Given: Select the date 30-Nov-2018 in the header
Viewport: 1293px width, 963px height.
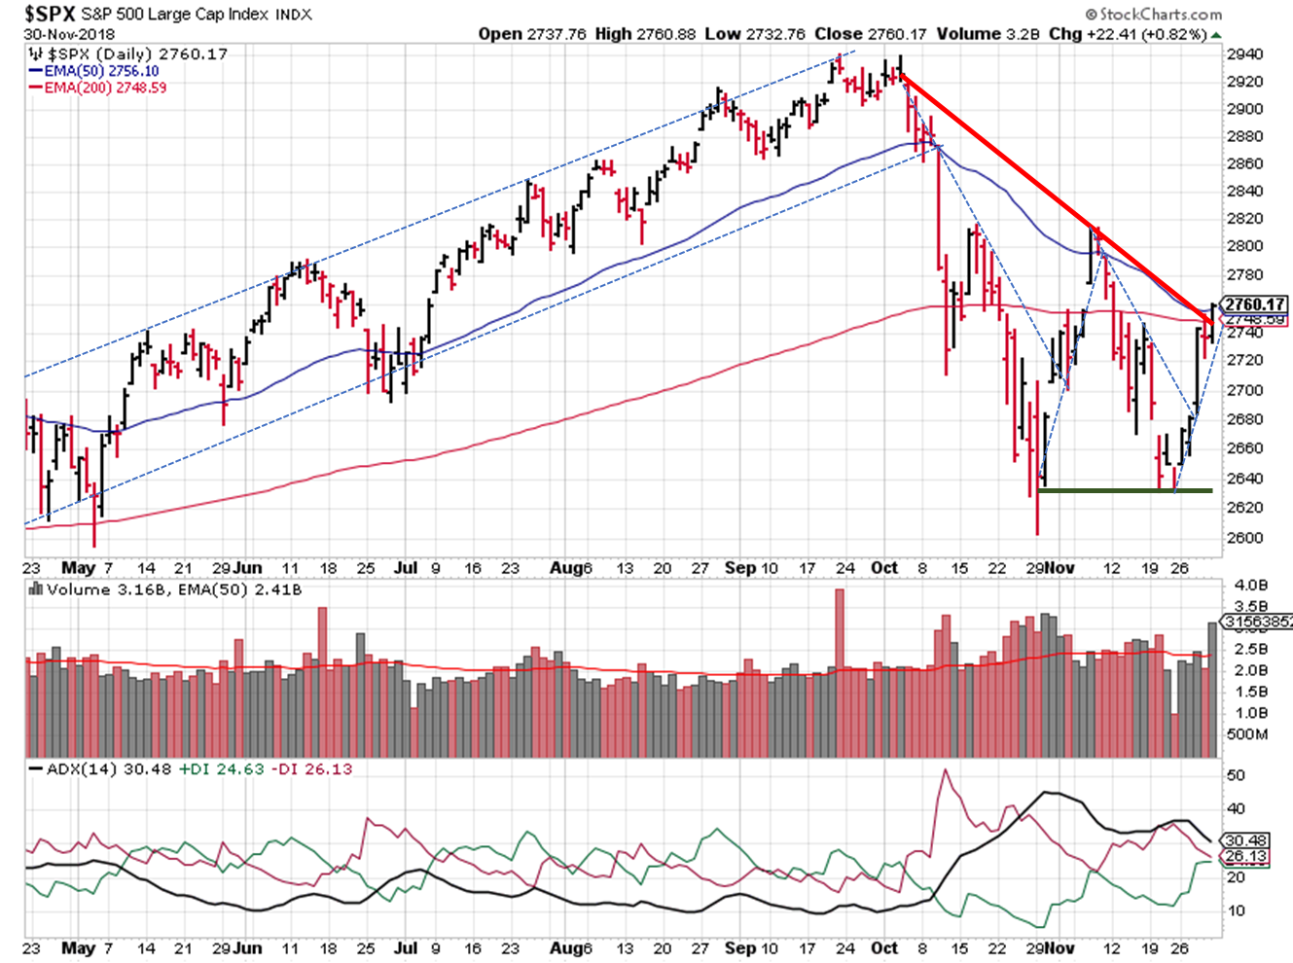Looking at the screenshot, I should point(70,34).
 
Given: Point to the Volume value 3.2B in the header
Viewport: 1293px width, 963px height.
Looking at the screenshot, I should point(1023,34).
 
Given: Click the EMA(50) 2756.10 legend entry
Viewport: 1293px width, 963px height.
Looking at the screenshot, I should point(100,71).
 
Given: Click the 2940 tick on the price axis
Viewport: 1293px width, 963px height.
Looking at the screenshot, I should point(1244,54).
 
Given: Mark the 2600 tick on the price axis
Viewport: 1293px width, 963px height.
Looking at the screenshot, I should point(1244,538).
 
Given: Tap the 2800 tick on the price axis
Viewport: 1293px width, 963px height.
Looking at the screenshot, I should point(1244,246).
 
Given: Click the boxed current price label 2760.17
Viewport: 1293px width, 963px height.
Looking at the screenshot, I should point(1255,304).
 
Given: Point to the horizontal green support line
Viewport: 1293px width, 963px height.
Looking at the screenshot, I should point(1125,490).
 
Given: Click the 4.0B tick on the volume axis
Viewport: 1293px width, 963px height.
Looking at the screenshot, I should point(1250,585).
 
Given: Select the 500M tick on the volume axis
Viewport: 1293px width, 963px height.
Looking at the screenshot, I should point(1248,733).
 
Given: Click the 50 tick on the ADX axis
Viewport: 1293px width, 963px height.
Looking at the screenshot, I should point(1237,775).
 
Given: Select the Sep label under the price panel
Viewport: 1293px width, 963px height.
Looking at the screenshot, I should point(739,568).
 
